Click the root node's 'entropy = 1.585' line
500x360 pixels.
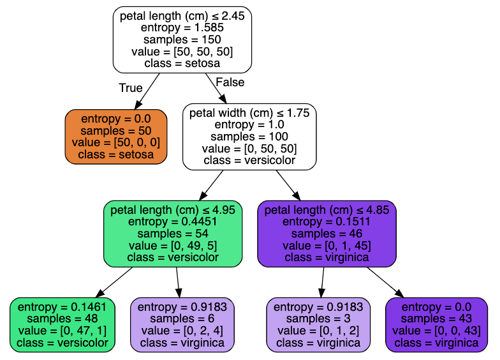click(182, 27)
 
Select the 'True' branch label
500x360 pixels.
click(131, 87)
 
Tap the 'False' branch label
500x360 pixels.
click(230, 82)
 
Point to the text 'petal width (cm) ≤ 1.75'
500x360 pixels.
click(249, 113)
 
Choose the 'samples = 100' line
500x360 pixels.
click(249, 137)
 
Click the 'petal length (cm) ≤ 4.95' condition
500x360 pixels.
click(173, 210)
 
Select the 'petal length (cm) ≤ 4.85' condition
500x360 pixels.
click(327, 210)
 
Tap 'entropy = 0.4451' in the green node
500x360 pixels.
click(173, 221)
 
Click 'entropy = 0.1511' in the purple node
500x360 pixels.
click(327, 221)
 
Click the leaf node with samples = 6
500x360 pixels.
click(182, 325)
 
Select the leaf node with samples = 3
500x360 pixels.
click(318, 325)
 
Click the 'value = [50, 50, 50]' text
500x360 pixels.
click(182, 51)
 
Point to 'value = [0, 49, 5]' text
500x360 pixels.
click(173, 246)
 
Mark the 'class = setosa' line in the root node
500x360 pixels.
click(182, 63)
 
